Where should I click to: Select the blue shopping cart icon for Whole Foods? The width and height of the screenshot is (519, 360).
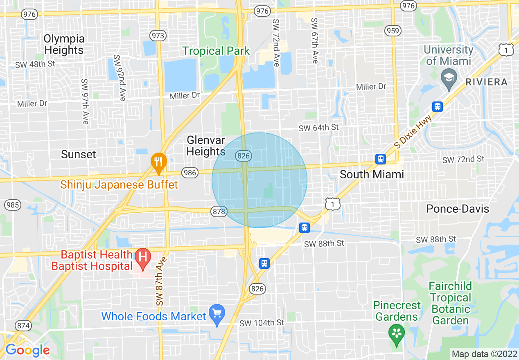pyautogui.click(x=217, y=313)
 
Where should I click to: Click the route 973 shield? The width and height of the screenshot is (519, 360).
pyautogui.click(x=158, y=36)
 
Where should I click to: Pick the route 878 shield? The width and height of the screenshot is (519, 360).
pyautogui.click(x=219, y=211)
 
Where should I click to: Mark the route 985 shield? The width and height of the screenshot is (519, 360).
pyautogui.click(x=13, y=205)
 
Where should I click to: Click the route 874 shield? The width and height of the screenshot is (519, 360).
pyautogui.click(x=23, y=326)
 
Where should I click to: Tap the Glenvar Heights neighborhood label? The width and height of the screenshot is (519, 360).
pyautogui.click(x=206, y=146)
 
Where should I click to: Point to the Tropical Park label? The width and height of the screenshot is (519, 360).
pyautogui.click(x=216, y=51)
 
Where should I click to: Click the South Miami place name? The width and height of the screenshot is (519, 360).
pyautogui.click(x=372, y=175)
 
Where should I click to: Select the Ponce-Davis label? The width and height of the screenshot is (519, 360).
pyautogui.click(x=458, y=209)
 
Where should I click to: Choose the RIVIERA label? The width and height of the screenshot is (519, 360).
pyautogui.click(x=486, y=82)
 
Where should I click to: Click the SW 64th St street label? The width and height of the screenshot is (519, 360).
pyautogui.click(x=318, y=128)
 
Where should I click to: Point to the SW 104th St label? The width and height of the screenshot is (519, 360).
pyautogui.click(x=262, y=323)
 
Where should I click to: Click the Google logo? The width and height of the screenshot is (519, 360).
pyautogui.click(x=27, y=350)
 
